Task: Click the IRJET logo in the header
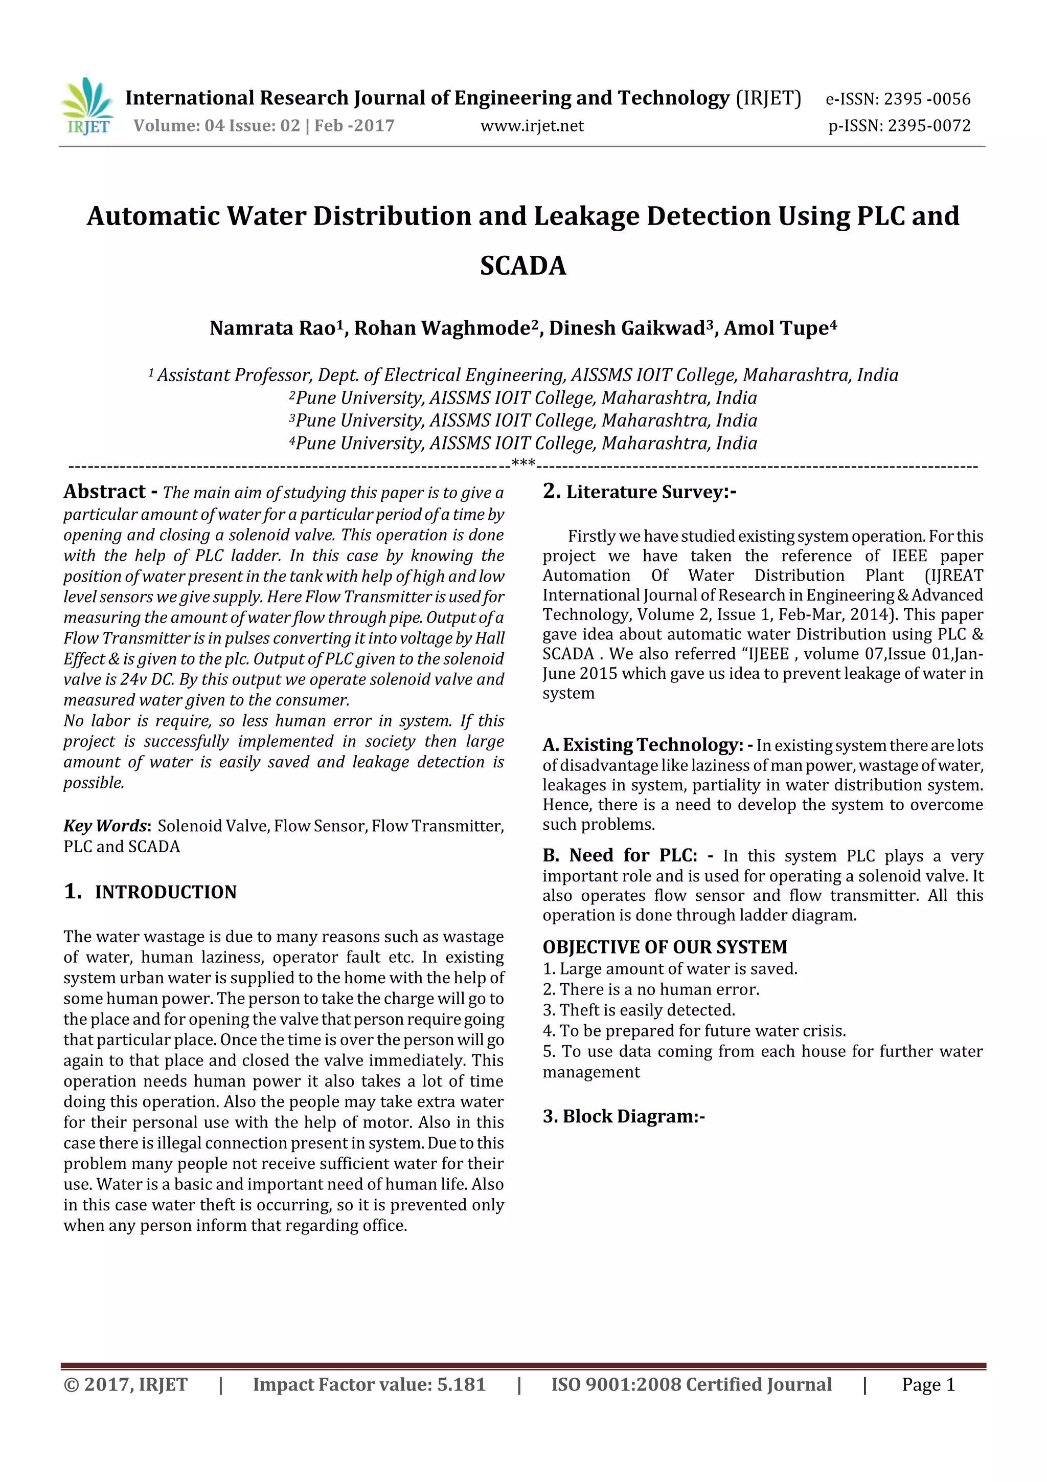click(88, 106)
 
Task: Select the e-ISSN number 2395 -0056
click(897, 99)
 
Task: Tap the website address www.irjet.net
click(532, 126)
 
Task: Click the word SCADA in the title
click(522, 266)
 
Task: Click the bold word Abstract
click(104, 492)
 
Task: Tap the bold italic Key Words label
click(106, 826)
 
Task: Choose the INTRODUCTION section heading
click(165, 892)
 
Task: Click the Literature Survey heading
click(650, 493)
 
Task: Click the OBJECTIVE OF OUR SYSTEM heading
click(665, 947)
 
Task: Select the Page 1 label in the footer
click(928, 1384)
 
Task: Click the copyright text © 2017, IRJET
click(125, 1384)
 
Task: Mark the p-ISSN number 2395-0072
click(899, 126)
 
